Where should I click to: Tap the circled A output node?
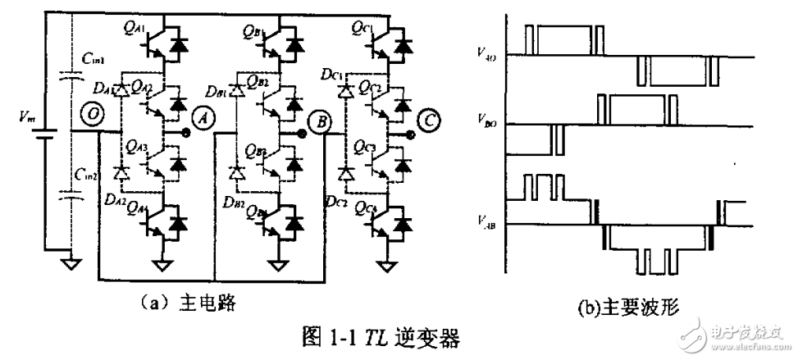click(x=201, y=120)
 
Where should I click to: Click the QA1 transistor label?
click(x=132, y=33)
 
